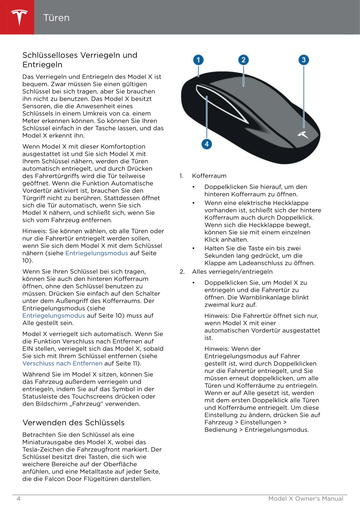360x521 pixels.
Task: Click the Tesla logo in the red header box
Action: click(19, 17)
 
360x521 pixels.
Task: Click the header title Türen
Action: click(56, 18)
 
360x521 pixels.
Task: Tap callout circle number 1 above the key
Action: click(198, 60)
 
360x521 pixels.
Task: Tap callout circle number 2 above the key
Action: click(243, 60)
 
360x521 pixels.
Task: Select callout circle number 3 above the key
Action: click(304, 60)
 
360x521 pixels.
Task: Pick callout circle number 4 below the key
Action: click(206, 144)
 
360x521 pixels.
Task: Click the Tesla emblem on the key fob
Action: click(303, 135)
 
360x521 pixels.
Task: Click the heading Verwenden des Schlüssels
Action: click(73, 422)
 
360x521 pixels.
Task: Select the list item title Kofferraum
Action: click(209, 176)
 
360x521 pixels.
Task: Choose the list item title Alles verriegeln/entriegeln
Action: click(232, 272)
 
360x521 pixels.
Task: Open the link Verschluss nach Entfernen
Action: click(62, 363)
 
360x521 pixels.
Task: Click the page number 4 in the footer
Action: click(19, 498)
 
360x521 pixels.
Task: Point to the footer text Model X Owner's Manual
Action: click(305, 498)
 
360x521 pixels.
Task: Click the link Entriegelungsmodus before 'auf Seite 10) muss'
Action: click(54, 315)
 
